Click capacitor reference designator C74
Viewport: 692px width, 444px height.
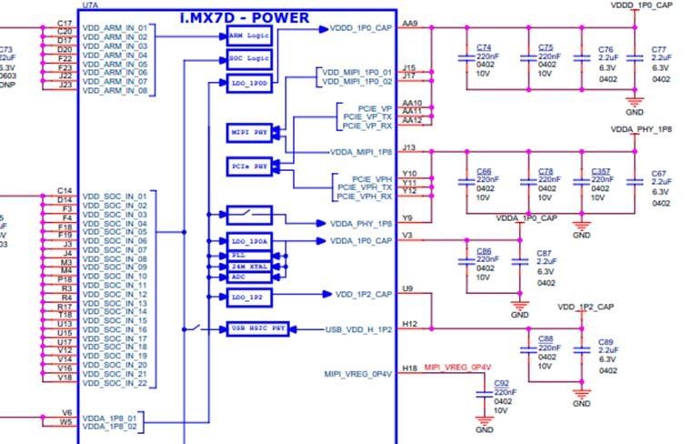[x=484, y=46]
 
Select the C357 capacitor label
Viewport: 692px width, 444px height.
[x=600, y=171]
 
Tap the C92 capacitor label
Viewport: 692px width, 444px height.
[x=502, y=383]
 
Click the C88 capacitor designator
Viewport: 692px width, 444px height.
[x=546, y=338]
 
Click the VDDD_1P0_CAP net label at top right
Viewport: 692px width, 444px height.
[x=642, y=5]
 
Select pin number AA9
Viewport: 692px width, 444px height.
[x=409, y=24]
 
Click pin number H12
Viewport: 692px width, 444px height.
[x=409, y=324]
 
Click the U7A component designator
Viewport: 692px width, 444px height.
[x=91, y=5]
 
